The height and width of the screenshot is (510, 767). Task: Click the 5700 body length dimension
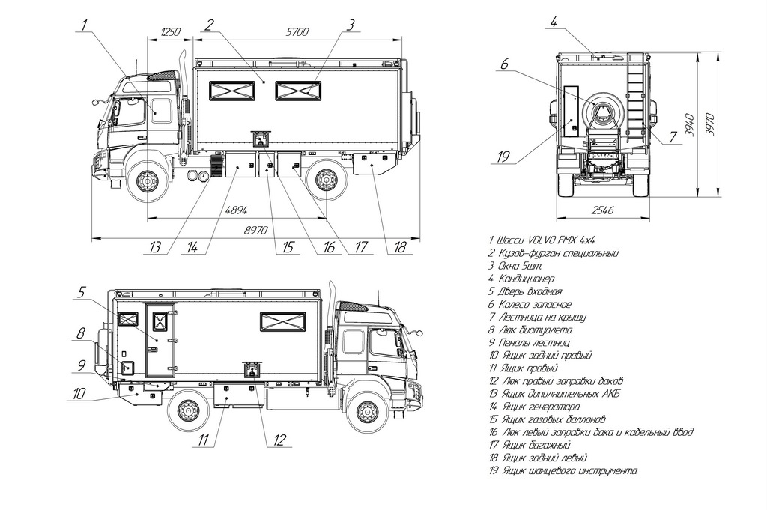coord(297,31)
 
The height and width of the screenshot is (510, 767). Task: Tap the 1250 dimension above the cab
coord(171,31)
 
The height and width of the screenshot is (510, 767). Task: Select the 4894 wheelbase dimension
coord(236,210)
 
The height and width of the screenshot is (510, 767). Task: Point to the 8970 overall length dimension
coord(256,230)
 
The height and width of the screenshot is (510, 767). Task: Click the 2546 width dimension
coord(603,210)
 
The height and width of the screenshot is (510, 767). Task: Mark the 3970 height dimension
coord(710,124)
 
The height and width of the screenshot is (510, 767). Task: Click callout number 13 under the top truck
coord(155,247)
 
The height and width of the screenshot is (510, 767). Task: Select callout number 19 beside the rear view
coord(503,157)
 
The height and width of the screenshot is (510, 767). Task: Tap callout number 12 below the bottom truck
coord(279,440)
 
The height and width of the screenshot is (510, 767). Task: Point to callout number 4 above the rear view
coord(554,22)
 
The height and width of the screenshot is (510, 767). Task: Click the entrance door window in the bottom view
coord(160,321)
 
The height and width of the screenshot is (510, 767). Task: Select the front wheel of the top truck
coord(145,183)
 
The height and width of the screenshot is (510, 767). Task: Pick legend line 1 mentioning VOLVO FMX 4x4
coord(542,240)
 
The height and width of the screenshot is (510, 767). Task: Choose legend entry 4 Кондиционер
coord(521,279)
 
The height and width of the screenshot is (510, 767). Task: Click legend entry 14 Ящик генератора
coord(535,407)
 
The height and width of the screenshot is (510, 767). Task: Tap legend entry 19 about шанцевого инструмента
coord(563,471)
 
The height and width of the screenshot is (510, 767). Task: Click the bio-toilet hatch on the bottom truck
coord(127,367)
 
